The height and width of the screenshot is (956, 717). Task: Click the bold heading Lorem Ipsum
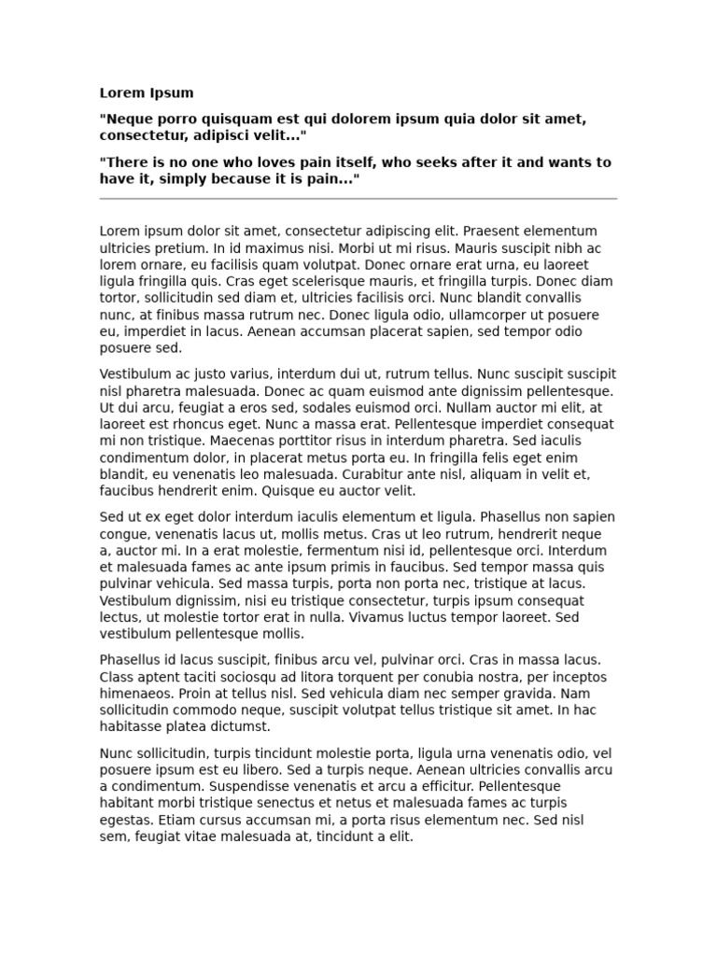147,93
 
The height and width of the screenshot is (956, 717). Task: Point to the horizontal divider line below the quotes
358,199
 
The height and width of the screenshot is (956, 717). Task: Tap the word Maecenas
244,441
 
